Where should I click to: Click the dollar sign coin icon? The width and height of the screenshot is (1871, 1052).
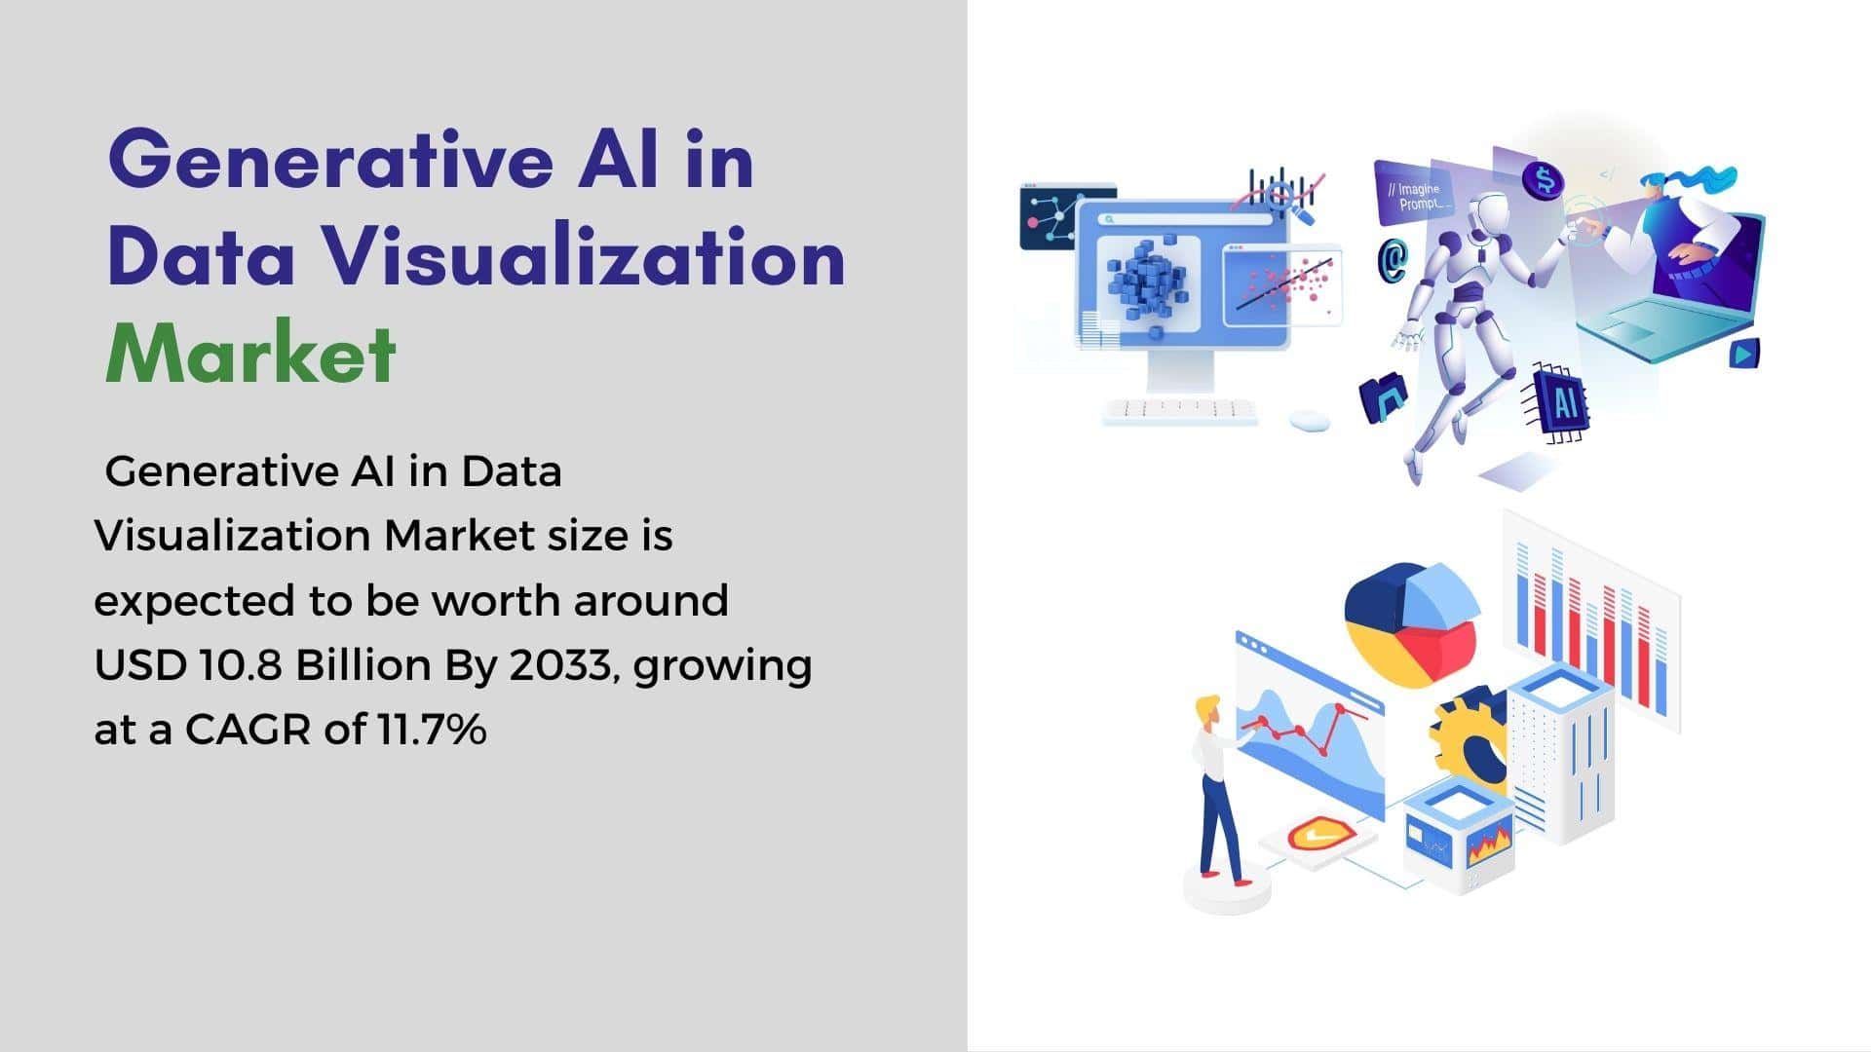[x=1543, y=180]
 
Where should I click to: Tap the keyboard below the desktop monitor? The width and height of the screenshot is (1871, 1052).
[x=1180, y=411]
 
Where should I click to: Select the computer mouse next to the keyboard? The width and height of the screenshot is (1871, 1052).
[x=1309, y=420]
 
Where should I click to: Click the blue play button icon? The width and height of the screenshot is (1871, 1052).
[x=1743, y=353]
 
